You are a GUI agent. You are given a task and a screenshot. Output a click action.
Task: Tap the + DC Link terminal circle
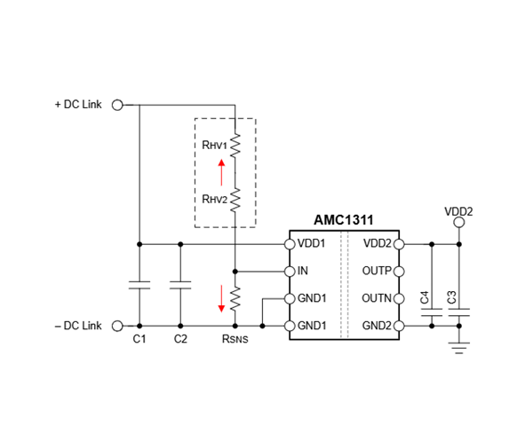[115, 104]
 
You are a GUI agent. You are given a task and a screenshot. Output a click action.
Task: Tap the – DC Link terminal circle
[115, 327]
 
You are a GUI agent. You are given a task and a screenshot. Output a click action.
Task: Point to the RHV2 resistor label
[213, 198]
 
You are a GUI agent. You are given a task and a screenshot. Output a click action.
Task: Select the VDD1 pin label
[311, 243]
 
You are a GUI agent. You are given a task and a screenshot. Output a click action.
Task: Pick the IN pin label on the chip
[303, 271]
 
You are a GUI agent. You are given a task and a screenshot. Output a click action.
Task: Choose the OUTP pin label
[378, 271]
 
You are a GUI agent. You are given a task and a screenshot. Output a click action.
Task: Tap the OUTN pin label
[378, 298]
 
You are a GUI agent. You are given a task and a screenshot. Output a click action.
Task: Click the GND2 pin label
[378, 327]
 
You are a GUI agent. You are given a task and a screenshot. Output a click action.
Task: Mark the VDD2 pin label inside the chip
[378, 243]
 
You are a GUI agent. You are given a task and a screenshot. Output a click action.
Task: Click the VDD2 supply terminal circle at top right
[458, 225]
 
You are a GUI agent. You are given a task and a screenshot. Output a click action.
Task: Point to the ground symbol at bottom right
[458, 346]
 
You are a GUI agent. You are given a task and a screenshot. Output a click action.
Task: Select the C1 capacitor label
[139, 340]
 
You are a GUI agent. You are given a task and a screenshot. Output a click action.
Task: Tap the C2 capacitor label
[180, 340]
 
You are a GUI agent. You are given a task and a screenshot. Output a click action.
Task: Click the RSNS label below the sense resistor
[235, 341]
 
